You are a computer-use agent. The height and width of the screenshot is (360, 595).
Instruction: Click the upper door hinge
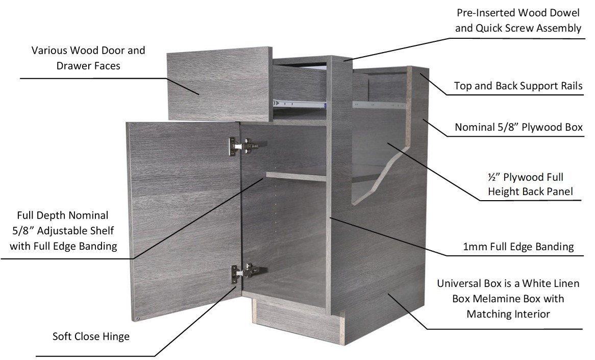pyautogui.click(x=243, y=146)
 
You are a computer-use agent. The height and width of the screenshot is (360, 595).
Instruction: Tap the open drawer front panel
pyautogui.click(x=219, y=84)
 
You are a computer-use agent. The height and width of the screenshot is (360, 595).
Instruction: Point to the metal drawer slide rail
pyautogui.click(x=300, y=103)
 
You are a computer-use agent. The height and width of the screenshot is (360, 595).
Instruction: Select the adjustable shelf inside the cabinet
pyautogui.click(x=296, y=176)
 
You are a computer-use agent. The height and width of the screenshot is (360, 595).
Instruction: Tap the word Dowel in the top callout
pyautogui.click(x=563, y=13)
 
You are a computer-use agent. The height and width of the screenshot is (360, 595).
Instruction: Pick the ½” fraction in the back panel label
pyautogui.click(x=492, y=177)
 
